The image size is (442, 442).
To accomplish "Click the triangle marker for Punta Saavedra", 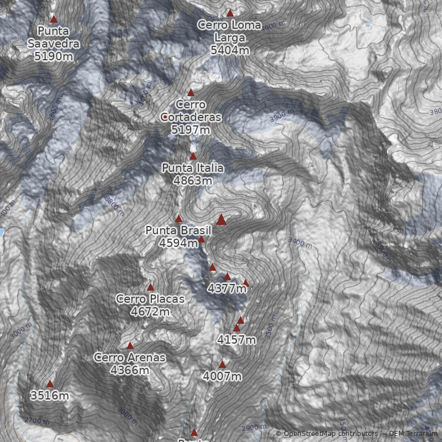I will (54, 19).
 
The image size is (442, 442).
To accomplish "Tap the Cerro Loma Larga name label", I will (229, 31).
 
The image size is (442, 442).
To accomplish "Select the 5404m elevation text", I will (229, 50).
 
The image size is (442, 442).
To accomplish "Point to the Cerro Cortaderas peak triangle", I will (191, 93).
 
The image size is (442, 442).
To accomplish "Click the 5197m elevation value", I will (191, 130).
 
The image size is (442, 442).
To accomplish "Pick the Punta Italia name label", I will (192, 168).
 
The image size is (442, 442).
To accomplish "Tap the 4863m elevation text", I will (192, 181).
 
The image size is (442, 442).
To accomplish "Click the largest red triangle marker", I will (222, 220).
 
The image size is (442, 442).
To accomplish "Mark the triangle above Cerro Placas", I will (150, 287).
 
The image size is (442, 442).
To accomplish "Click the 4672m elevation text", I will (150, 312).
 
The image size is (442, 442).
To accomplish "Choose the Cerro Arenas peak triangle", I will (130, 346).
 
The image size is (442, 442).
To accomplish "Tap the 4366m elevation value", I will (129, 370).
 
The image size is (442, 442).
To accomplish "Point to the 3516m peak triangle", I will (50, 384).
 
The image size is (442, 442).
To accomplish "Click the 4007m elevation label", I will (222, 377).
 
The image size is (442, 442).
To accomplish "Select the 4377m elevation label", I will (227, 288).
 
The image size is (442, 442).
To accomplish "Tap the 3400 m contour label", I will (300, 243).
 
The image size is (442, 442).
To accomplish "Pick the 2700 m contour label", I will (36, 421).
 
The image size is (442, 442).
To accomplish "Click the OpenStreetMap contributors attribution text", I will (327, 434).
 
